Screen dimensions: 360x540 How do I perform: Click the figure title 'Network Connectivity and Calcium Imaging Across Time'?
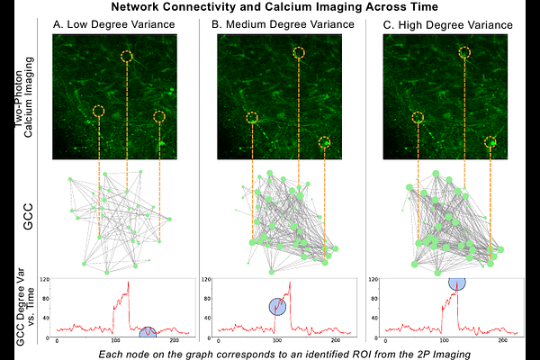[269, 7]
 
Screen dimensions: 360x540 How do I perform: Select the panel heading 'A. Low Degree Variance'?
[112, 24]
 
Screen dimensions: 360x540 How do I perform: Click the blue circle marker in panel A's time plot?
[146, 334]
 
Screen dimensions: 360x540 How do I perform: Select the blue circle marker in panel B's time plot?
[278, 307]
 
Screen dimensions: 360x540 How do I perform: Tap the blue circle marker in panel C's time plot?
[457, 282]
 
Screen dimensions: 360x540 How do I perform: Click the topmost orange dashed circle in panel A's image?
[126, 57]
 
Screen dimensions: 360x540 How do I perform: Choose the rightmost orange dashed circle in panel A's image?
[160, 116]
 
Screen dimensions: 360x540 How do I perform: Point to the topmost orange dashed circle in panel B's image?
[299, 54]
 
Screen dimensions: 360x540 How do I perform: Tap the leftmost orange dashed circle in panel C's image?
[417, 116]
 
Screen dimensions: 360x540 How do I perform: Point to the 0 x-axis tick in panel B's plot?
[221, 342]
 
